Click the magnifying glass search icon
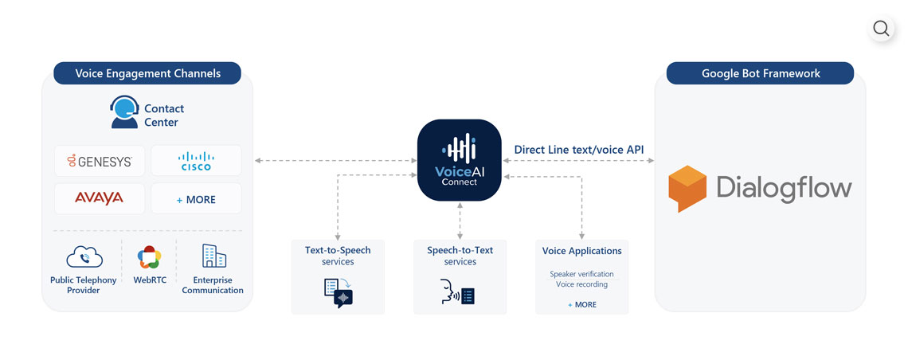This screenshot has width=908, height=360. [x=881, y=29]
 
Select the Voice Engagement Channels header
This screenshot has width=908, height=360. [x=147, y=73]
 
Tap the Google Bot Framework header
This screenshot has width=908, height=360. [x=760, y=73]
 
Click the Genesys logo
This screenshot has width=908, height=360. [x=100, y=161]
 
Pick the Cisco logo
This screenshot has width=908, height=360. [x=196, y=161]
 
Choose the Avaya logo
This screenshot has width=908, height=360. [x=100, y=198]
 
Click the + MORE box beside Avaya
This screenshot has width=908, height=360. [x=196, y=199]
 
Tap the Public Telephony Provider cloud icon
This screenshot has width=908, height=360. [x=84, y=257]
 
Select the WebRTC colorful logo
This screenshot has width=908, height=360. [x=149, y=257]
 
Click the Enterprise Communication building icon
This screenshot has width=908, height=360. [x=213, y=256]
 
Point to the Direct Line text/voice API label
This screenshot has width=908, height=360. [x=578, y=150]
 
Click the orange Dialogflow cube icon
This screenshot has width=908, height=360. [x=687, y=188]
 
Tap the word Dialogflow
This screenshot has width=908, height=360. [x=784, y=188]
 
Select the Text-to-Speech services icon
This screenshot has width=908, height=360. [x=338, y=292]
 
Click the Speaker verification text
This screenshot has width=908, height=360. [x=581, y=274]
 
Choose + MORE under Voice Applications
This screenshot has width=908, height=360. [x=581, y=304]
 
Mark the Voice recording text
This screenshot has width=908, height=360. [x=581, y=284]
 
